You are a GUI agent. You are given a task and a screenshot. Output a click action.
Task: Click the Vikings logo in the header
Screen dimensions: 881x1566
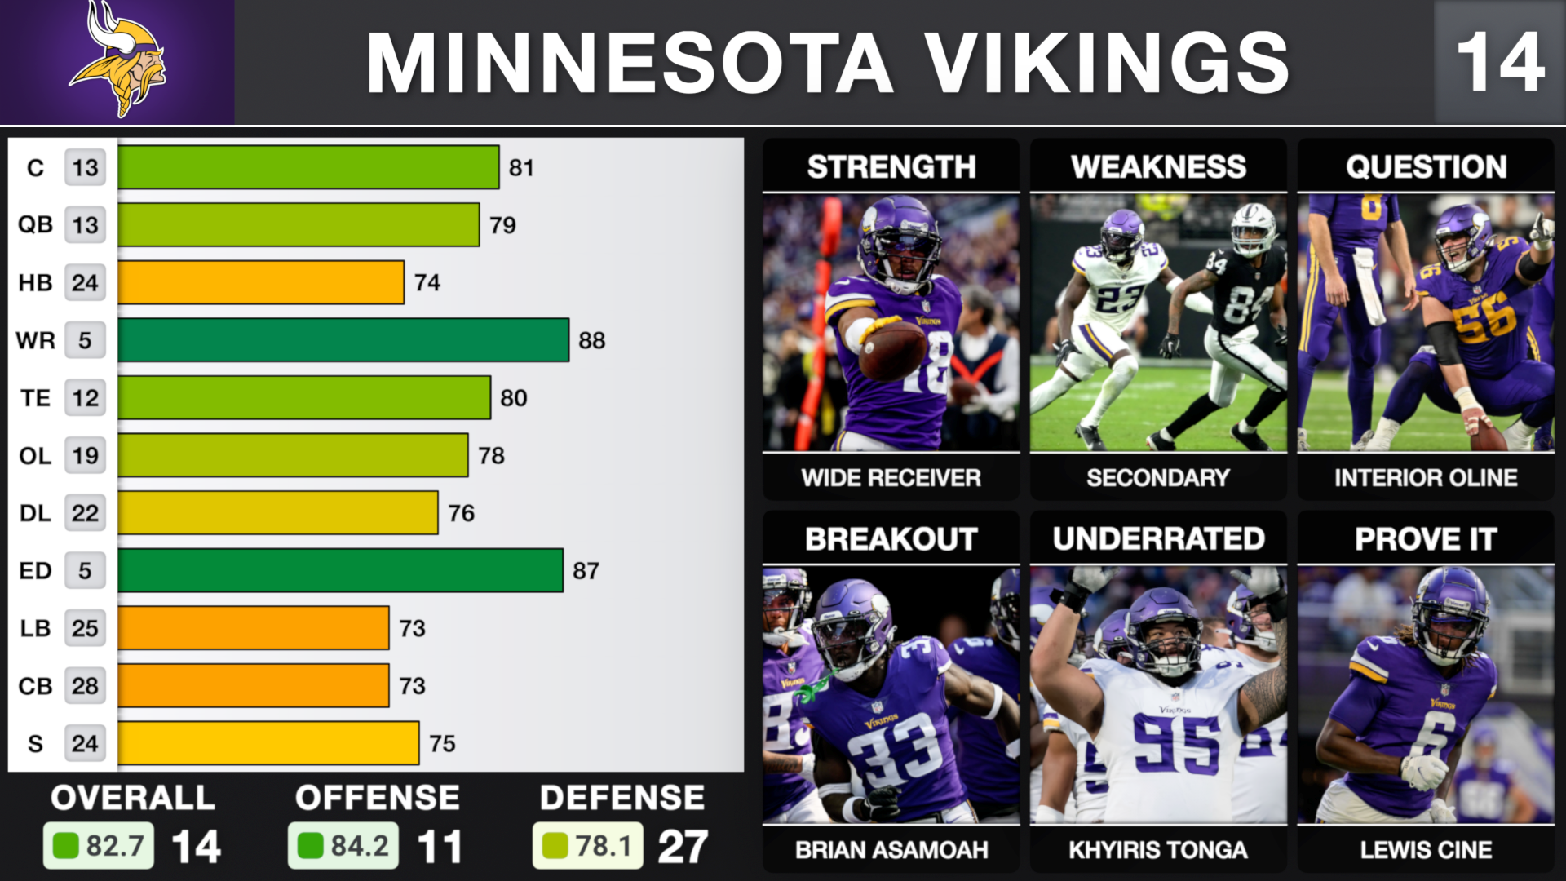pos(118,61)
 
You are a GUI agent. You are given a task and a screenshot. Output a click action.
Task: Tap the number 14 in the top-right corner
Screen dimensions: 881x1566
pos(1500,63)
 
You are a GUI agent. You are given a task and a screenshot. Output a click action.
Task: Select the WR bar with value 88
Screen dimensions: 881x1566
pos(343,340)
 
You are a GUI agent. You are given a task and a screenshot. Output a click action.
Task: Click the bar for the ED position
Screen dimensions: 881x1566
pos(340,570)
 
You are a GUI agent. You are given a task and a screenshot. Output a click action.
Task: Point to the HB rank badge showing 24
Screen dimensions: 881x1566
pos(85,283)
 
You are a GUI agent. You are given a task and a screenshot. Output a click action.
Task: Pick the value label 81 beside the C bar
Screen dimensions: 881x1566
pos(521,168)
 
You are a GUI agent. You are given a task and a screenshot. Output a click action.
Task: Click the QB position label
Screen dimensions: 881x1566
pos(35,225)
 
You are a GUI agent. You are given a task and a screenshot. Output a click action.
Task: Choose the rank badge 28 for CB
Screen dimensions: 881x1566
pos(85,686)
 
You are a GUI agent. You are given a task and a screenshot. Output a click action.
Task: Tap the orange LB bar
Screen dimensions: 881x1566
pos(253,628)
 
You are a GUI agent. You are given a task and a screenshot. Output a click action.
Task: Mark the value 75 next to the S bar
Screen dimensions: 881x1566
pos(442,744)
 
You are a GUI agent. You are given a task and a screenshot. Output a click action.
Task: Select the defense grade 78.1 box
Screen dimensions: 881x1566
pos(587,846)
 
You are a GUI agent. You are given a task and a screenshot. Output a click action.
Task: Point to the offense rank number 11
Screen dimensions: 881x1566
pos(440,847)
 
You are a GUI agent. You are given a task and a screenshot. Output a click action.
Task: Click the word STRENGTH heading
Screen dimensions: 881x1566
pos(891,167)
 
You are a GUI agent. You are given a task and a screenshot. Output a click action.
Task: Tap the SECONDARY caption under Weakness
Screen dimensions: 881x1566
pos(1158,478)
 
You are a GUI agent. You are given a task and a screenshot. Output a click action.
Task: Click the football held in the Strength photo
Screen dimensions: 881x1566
pos(892,349)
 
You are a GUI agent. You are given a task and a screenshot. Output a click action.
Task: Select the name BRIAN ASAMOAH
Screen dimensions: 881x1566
pos(891,850)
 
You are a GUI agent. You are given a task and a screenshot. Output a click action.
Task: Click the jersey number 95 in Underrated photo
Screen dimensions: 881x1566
pos(1176,744)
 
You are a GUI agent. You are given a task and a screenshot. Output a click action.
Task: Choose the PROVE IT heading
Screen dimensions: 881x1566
pos(1426,539)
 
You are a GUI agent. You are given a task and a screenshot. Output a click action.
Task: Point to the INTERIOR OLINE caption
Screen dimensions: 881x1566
pos(1426,478)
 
